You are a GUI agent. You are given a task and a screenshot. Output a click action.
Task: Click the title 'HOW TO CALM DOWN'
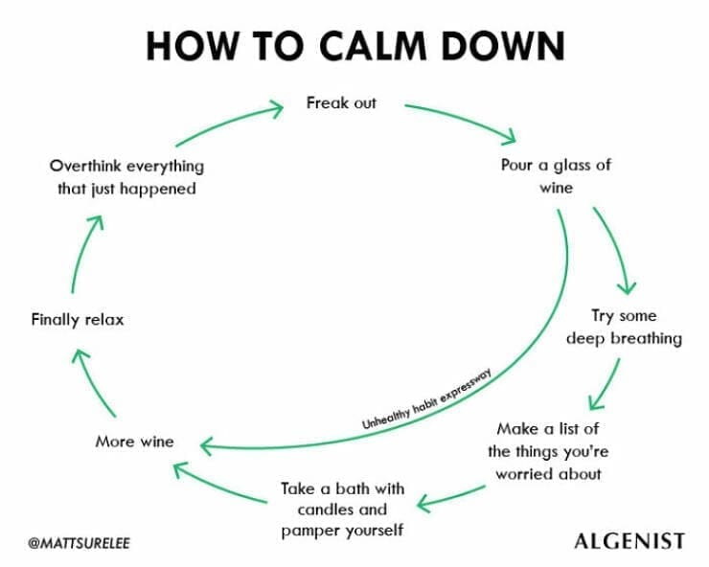tap(354, 44)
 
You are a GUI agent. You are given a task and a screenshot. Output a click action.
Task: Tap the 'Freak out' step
tap(341, 102)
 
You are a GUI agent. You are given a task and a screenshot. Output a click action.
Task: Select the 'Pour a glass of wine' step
tap(556, 176)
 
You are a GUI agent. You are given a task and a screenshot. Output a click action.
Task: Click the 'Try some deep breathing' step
tap(624, 327)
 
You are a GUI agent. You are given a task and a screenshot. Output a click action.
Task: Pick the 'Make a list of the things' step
tap(547, 451)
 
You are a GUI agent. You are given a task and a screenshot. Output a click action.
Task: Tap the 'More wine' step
tap(134, 442)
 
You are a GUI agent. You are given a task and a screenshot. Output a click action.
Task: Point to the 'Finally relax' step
tap(78, 319)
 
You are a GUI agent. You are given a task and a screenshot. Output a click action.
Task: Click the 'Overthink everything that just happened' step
tap(126, 177)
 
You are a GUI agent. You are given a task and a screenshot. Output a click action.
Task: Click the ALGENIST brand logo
tap(629, 541)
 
